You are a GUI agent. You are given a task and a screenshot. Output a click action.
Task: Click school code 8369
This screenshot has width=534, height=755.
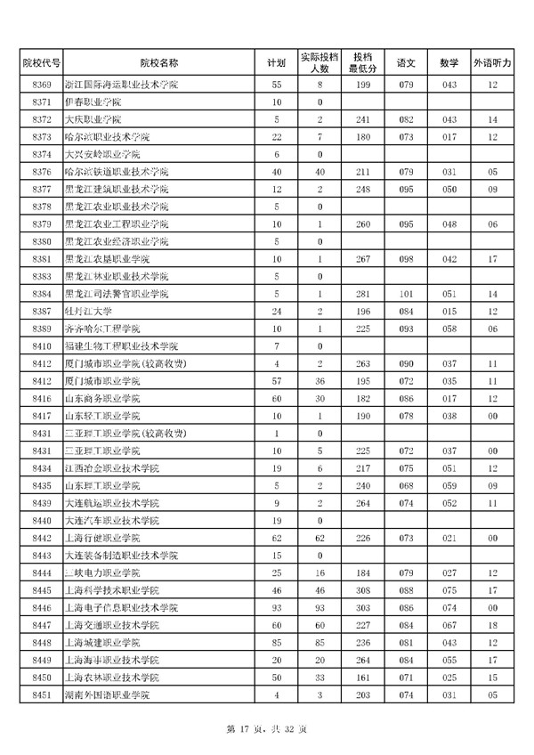42,85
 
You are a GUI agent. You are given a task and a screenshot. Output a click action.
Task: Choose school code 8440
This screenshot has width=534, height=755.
42,520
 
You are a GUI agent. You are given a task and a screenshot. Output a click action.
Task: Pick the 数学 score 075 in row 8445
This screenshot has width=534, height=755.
449,589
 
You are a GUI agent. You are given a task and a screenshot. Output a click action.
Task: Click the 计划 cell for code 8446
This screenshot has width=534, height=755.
277,607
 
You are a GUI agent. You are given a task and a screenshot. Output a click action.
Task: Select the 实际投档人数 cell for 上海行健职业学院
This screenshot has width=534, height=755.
319,538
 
